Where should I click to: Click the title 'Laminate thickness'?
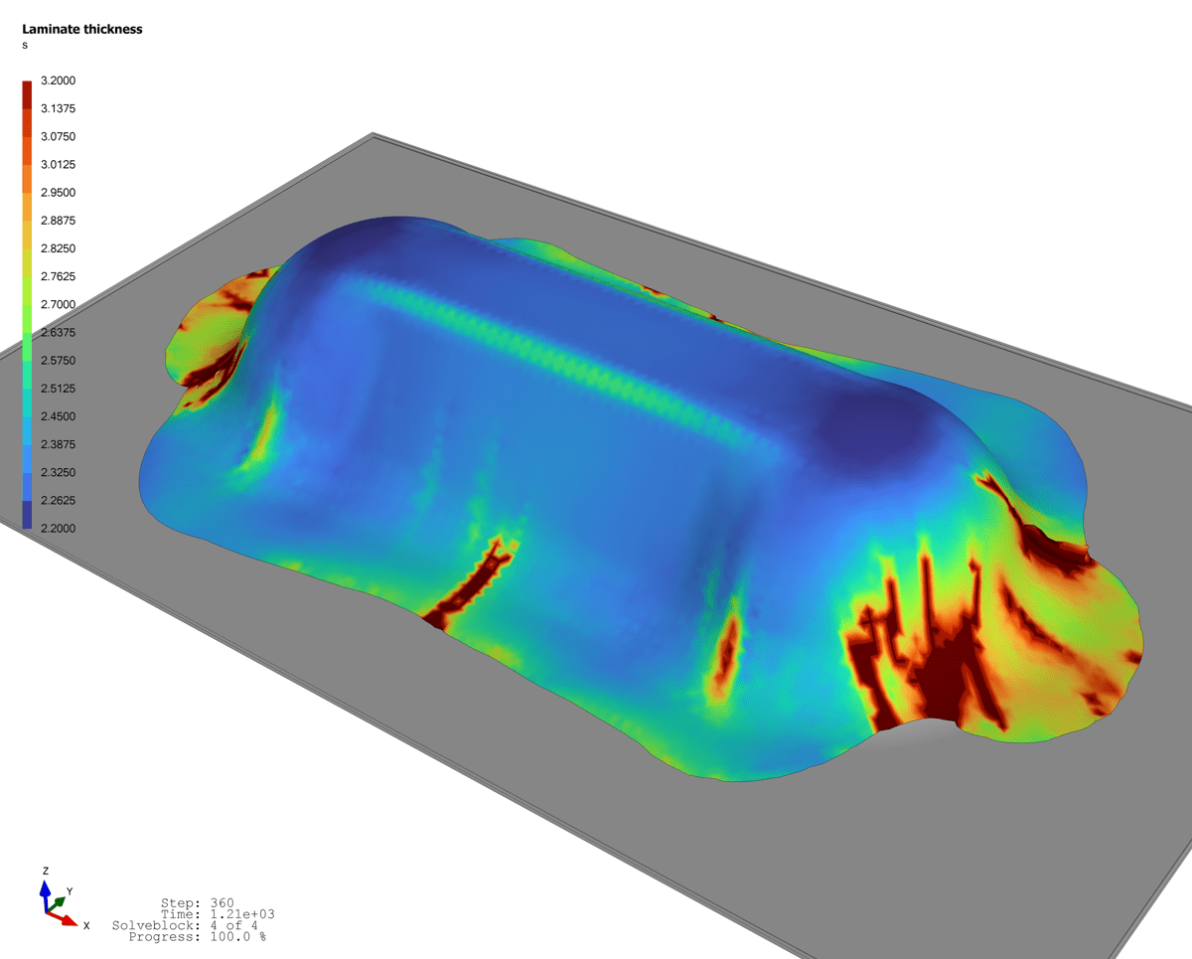point(82,30)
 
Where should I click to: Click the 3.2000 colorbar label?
point(59,80)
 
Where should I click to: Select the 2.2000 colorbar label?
point(59,529)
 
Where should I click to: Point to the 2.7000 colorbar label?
point(59,304)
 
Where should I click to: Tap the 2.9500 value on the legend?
point(59,193)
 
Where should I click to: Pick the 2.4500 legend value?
point(59,416)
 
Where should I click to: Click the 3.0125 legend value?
point(59,165)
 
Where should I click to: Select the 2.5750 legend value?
point(59,361)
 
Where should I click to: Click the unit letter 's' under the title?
point(25,46)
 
